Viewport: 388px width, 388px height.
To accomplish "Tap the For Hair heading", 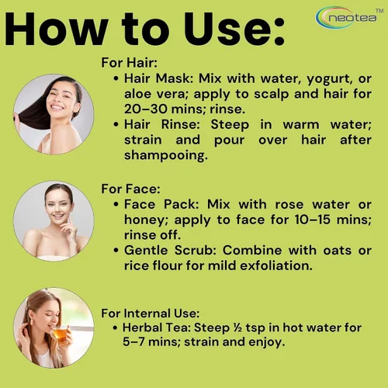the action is pyautogui.click(x=130, y=63).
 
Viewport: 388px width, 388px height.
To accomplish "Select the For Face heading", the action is pyautogui.click(x=130, y=189).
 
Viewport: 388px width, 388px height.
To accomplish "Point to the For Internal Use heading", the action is pyautogui.click(x=151, y=314).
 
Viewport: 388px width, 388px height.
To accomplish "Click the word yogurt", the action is pyautogui.click(x=329, y=79).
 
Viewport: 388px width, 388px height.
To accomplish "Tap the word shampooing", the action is pyautogui.click(x=166, y=156).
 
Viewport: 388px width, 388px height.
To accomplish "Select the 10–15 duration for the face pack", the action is pyautogui.click(x=313, y=220).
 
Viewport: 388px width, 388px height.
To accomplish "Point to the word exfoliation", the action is pyautogui.click(x=276, y=265).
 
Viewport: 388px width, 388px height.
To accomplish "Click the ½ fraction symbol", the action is pyautogui.click(x=237, y=328).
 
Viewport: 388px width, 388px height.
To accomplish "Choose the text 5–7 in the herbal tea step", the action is pyautogui.click(x=133, y=342).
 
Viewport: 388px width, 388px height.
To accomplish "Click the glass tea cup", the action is pyautogui.click(x=61, y=334).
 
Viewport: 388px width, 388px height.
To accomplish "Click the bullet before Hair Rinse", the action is pyautogui.click(x=116, y=125).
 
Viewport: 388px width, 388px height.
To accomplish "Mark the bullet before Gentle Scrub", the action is pyautogui.click(x=116, y=251).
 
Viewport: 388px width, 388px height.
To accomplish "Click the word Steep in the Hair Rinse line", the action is pyautogui.click(x=230, y=125).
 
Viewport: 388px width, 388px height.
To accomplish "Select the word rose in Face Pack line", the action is pyautogui.click(x=289, y=205).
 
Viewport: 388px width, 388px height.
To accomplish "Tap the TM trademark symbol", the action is pyautogui.click(x=379, y=11).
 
